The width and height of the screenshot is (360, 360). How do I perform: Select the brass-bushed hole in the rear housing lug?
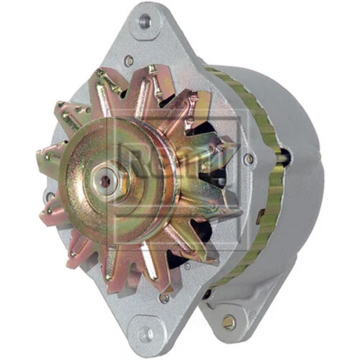click(229, 321)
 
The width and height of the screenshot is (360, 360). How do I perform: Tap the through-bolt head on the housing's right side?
click(249, 159)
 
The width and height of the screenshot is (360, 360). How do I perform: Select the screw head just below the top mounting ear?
click(130, 62)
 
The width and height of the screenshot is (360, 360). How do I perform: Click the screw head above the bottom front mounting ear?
click(164, 297)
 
